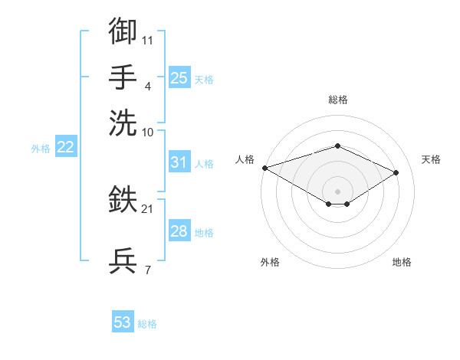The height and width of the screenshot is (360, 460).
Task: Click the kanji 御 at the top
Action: coord(123,31)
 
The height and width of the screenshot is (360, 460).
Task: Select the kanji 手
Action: coord(123,77)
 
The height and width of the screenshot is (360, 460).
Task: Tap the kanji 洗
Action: coord(123,123)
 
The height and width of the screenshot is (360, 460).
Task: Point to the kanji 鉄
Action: coord(123,198)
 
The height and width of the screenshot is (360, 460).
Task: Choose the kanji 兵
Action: coord(123,260)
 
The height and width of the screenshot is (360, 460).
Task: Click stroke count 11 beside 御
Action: coord(147,41)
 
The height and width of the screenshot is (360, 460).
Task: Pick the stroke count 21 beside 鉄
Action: coord(147,209)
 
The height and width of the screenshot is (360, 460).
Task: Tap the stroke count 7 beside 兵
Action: coord(148,270)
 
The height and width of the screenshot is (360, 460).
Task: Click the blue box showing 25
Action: coord(179,77)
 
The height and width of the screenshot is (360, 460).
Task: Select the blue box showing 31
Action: coord(179,162)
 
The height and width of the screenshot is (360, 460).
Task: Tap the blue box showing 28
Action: coord(179,230)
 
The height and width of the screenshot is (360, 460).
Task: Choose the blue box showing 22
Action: coord(66,146)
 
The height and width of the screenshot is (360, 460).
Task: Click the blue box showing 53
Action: coord(123,321)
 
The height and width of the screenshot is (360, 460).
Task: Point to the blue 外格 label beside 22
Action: coord(41,149)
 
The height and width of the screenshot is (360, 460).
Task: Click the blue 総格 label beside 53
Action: coord(147,324)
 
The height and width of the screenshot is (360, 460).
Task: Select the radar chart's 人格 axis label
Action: coord(245,159)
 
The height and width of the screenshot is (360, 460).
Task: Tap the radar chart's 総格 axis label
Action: coord(338,100)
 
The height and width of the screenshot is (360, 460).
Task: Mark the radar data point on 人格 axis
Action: coord(265,168)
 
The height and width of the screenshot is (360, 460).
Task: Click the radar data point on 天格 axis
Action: coord(396,172)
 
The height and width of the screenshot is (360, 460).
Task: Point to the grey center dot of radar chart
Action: coord(337,191)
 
